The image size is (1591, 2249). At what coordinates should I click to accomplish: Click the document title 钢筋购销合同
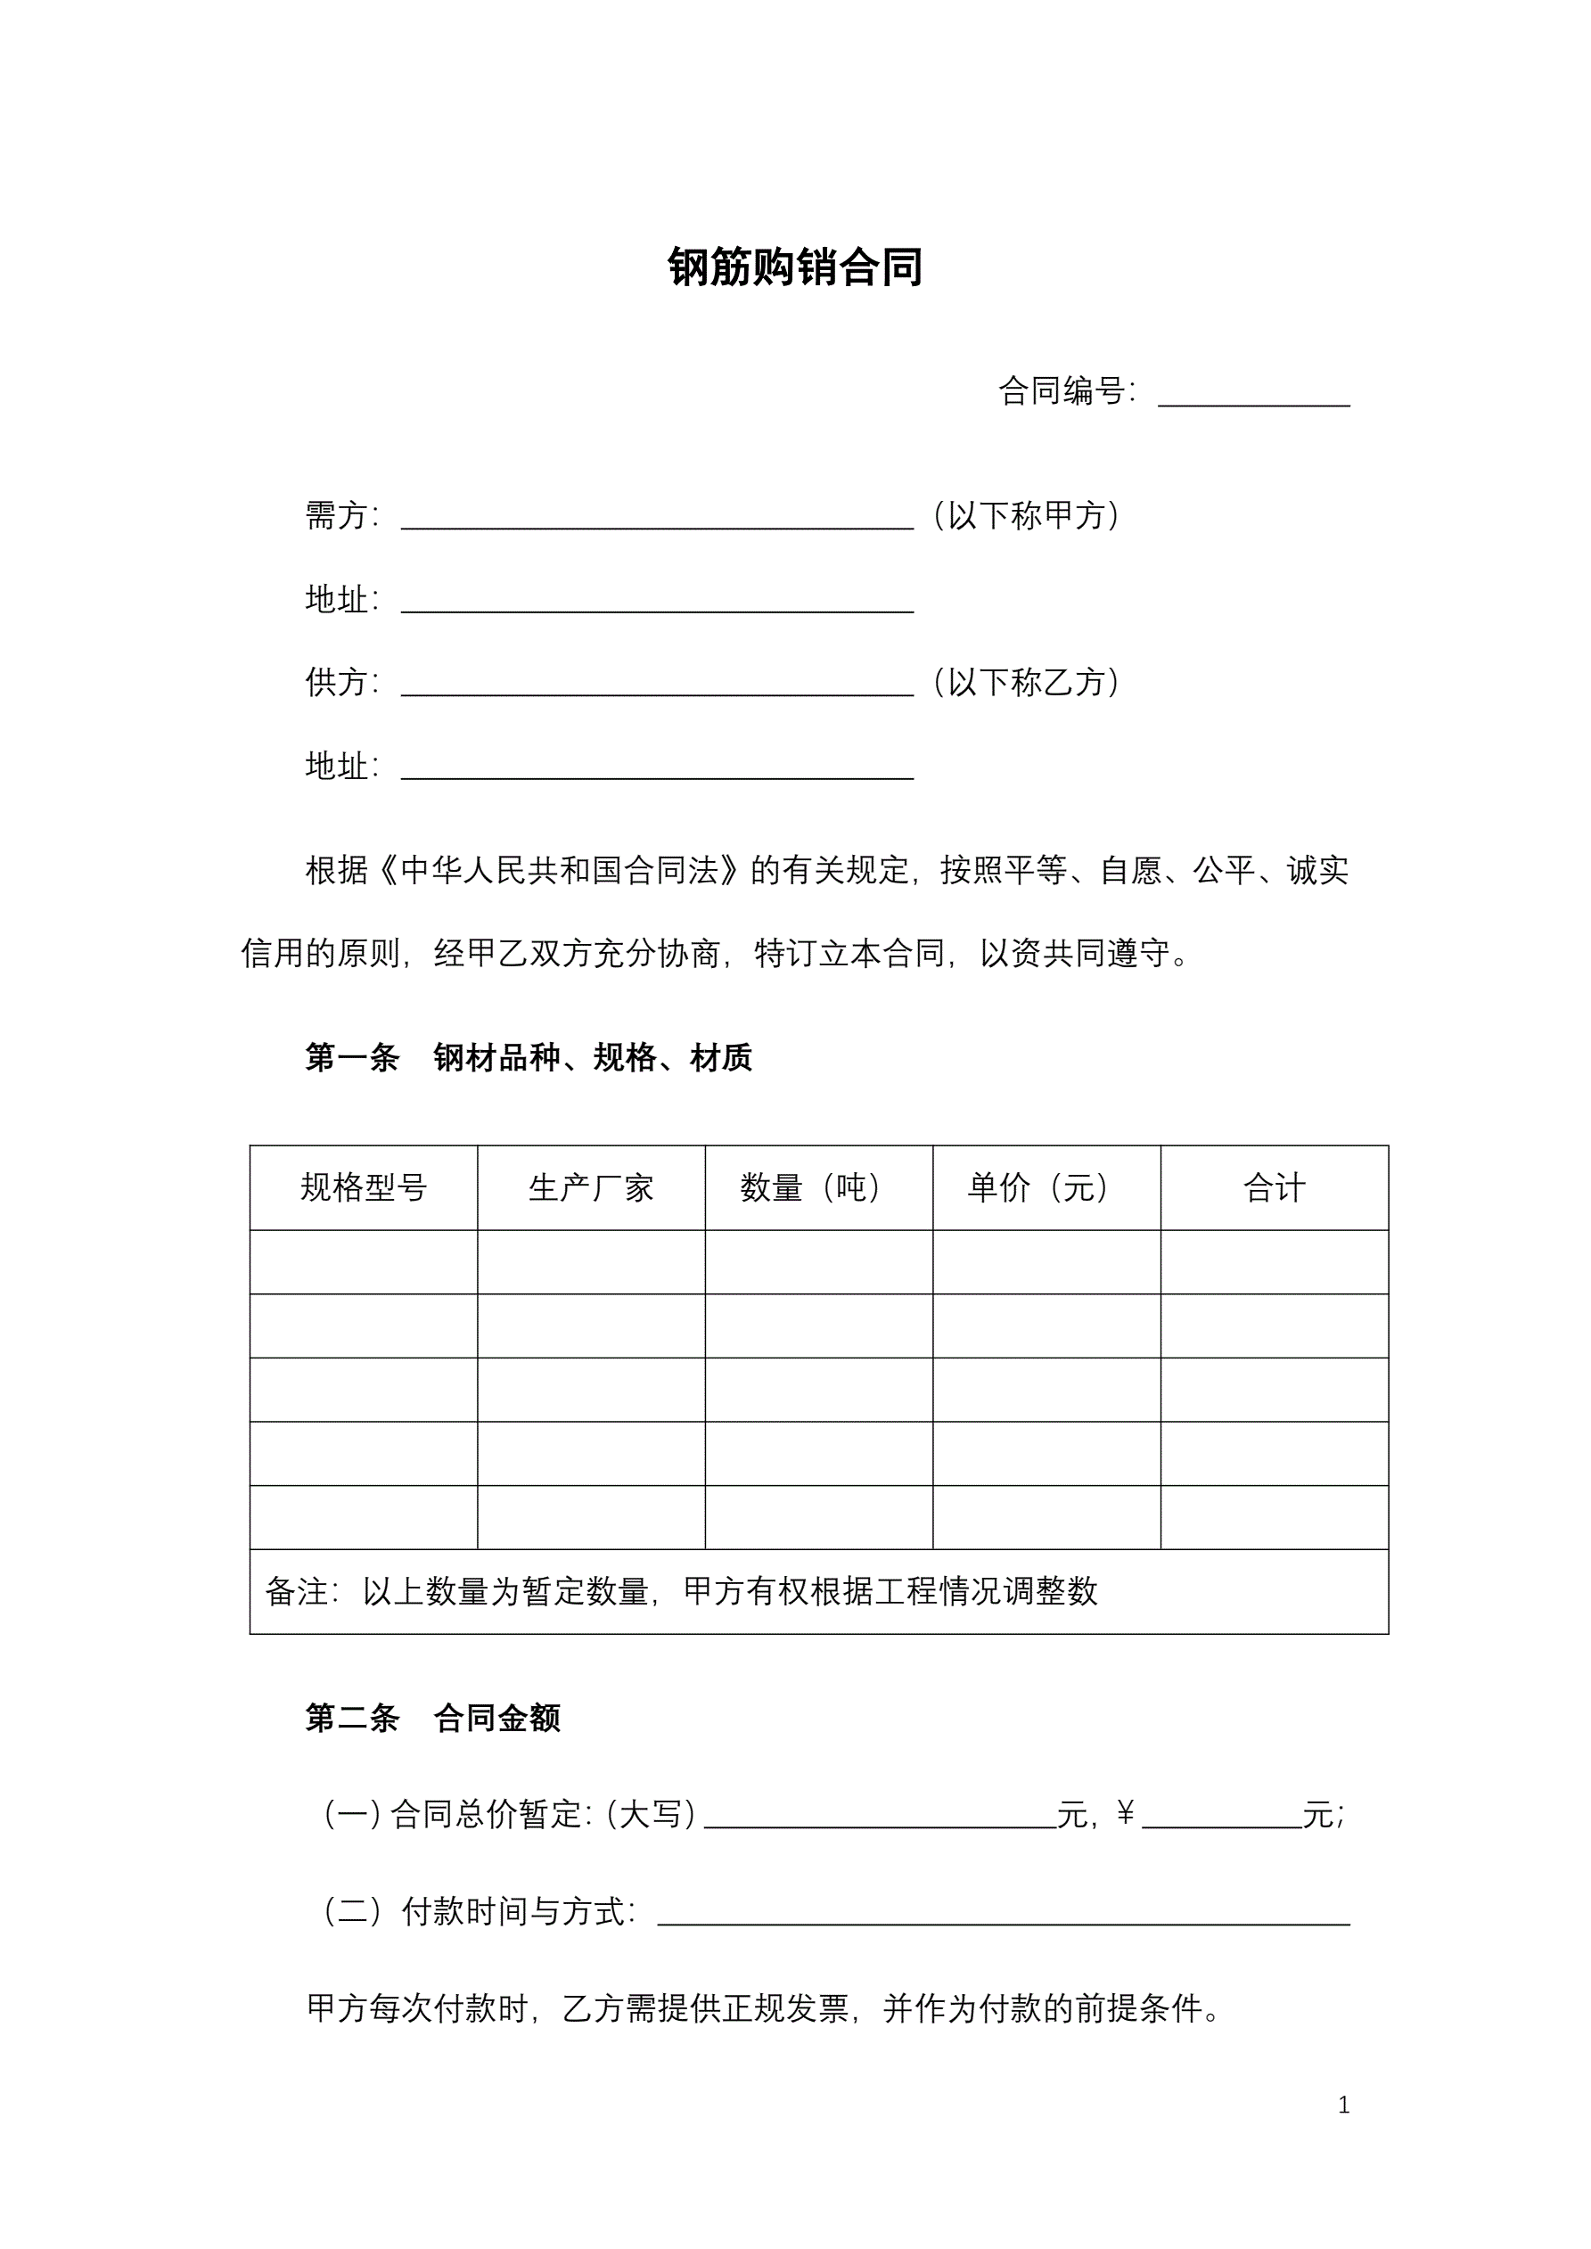click(794, 267)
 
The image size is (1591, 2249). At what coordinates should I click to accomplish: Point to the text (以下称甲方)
click(1026, 515)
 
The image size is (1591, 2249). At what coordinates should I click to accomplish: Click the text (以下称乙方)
click(1026, 682)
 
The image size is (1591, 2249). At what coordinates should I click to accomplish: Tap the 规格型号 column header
click(364, 1188)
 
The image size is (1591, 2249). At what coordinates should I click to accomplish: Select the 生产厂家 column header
click(591, 1188)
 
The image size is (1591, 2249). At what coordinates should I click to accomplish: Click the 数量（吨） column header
click(818, 1188)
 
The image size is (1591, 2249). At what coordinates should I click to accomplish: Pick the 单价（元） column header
click(1046, 1188)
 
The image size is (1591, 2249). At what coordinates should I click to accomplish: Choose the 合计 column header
click(1274, 1188)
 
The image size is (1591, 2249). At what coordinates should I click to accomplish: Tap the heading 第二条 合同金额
click(432, 1718)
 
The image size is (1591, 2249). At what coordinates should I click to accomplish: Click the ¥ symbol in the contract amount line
click(1125, 1814)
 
